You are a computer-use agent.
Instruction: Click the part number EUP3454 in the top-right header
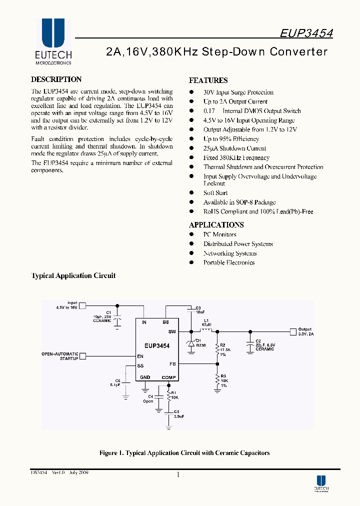pyautogui.click(x=306, y=33)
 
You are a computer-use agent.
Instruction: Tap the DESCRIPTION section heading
pyautogui.click(x=56, y=79)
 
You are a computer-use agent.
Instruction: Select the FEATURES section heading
pyautogui.click(x=208, y=80)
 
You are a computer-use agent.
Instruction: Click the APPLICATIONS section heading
pyautogui.click(x=216, y=225)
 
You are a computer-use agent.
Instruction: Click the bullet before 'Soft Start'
pyautogui.click(x=191, y=193)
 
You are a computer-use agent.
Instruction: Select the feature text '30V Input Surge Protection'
pyautogui.click(x=238, y=92)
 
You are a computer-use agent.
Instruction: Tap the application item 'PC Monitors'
pyautogui.click(x=219, y=234)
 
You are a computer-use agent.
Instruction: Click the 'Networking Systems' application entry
pyautogui.click(x=229, y=253)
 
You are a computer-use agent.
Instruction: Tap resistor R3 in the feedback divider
pyautogui.click(x=217, y=380)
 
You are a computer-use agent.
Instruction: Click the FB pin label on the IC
pyautogui.click(x=172, y=364)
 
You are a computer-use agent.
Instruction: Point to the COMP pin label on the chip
pyautogui.click(x=168, y=377)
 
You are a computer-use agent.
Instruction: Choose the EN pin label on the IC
pyautogui.click(x=140, y=356)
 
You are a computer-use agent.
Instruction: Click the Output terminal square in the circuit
pyautogui.click(x=292, y=331)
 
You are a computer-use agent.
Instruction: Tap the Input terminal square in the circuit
pyautogui.click(x=83, y=305)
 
